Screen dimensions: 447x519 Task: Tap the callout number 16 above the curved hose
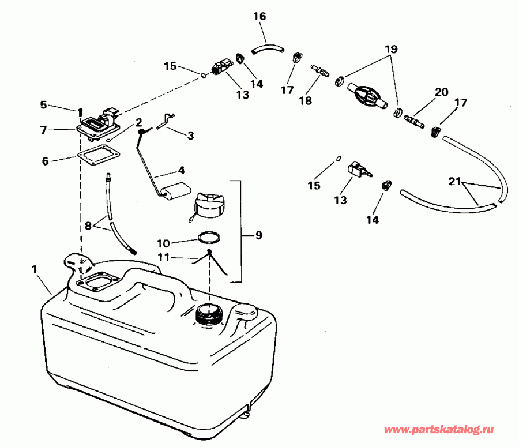[259, 17]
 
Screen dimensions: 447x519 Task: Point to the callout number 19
[392, 50]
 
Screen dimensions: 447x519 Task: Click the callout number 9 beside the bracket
[258, 235]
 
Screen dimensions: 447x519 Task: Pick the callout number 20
[441, 92]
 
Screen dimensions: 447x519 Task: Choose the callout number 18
[305, 100]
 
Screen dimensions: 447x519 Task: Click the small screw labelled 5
[80, 110]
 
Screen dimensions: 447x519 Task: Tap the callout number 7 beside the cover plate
[43, 130]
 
